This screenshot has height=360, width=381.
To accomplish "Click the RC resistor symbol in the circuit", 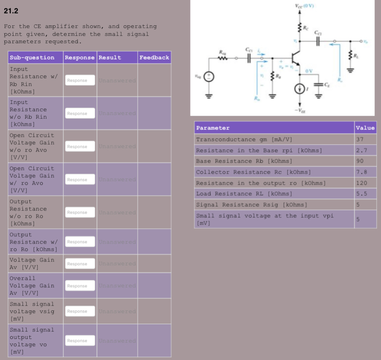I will point(299,28).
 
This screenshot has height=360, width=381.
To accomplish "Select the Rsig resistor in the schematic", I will point(223,58).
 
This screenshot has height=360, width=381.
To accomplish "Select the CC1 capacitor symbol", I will point(249,58).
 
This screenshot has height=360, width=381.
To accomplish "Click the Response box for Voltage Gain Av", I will point(80,264).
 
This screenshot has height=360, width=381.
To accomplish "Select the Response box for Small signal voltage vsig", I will point(80,311).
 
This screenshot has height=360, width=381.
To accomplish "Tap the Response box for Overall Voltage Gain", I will point(80,286).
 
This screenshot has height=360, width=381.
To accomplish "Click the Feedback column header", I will point(154,58).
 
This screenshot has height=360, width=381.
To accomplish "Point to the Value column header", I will point(365,128).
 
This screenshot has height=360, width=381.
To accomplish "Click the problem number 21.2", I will point(12,10).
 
